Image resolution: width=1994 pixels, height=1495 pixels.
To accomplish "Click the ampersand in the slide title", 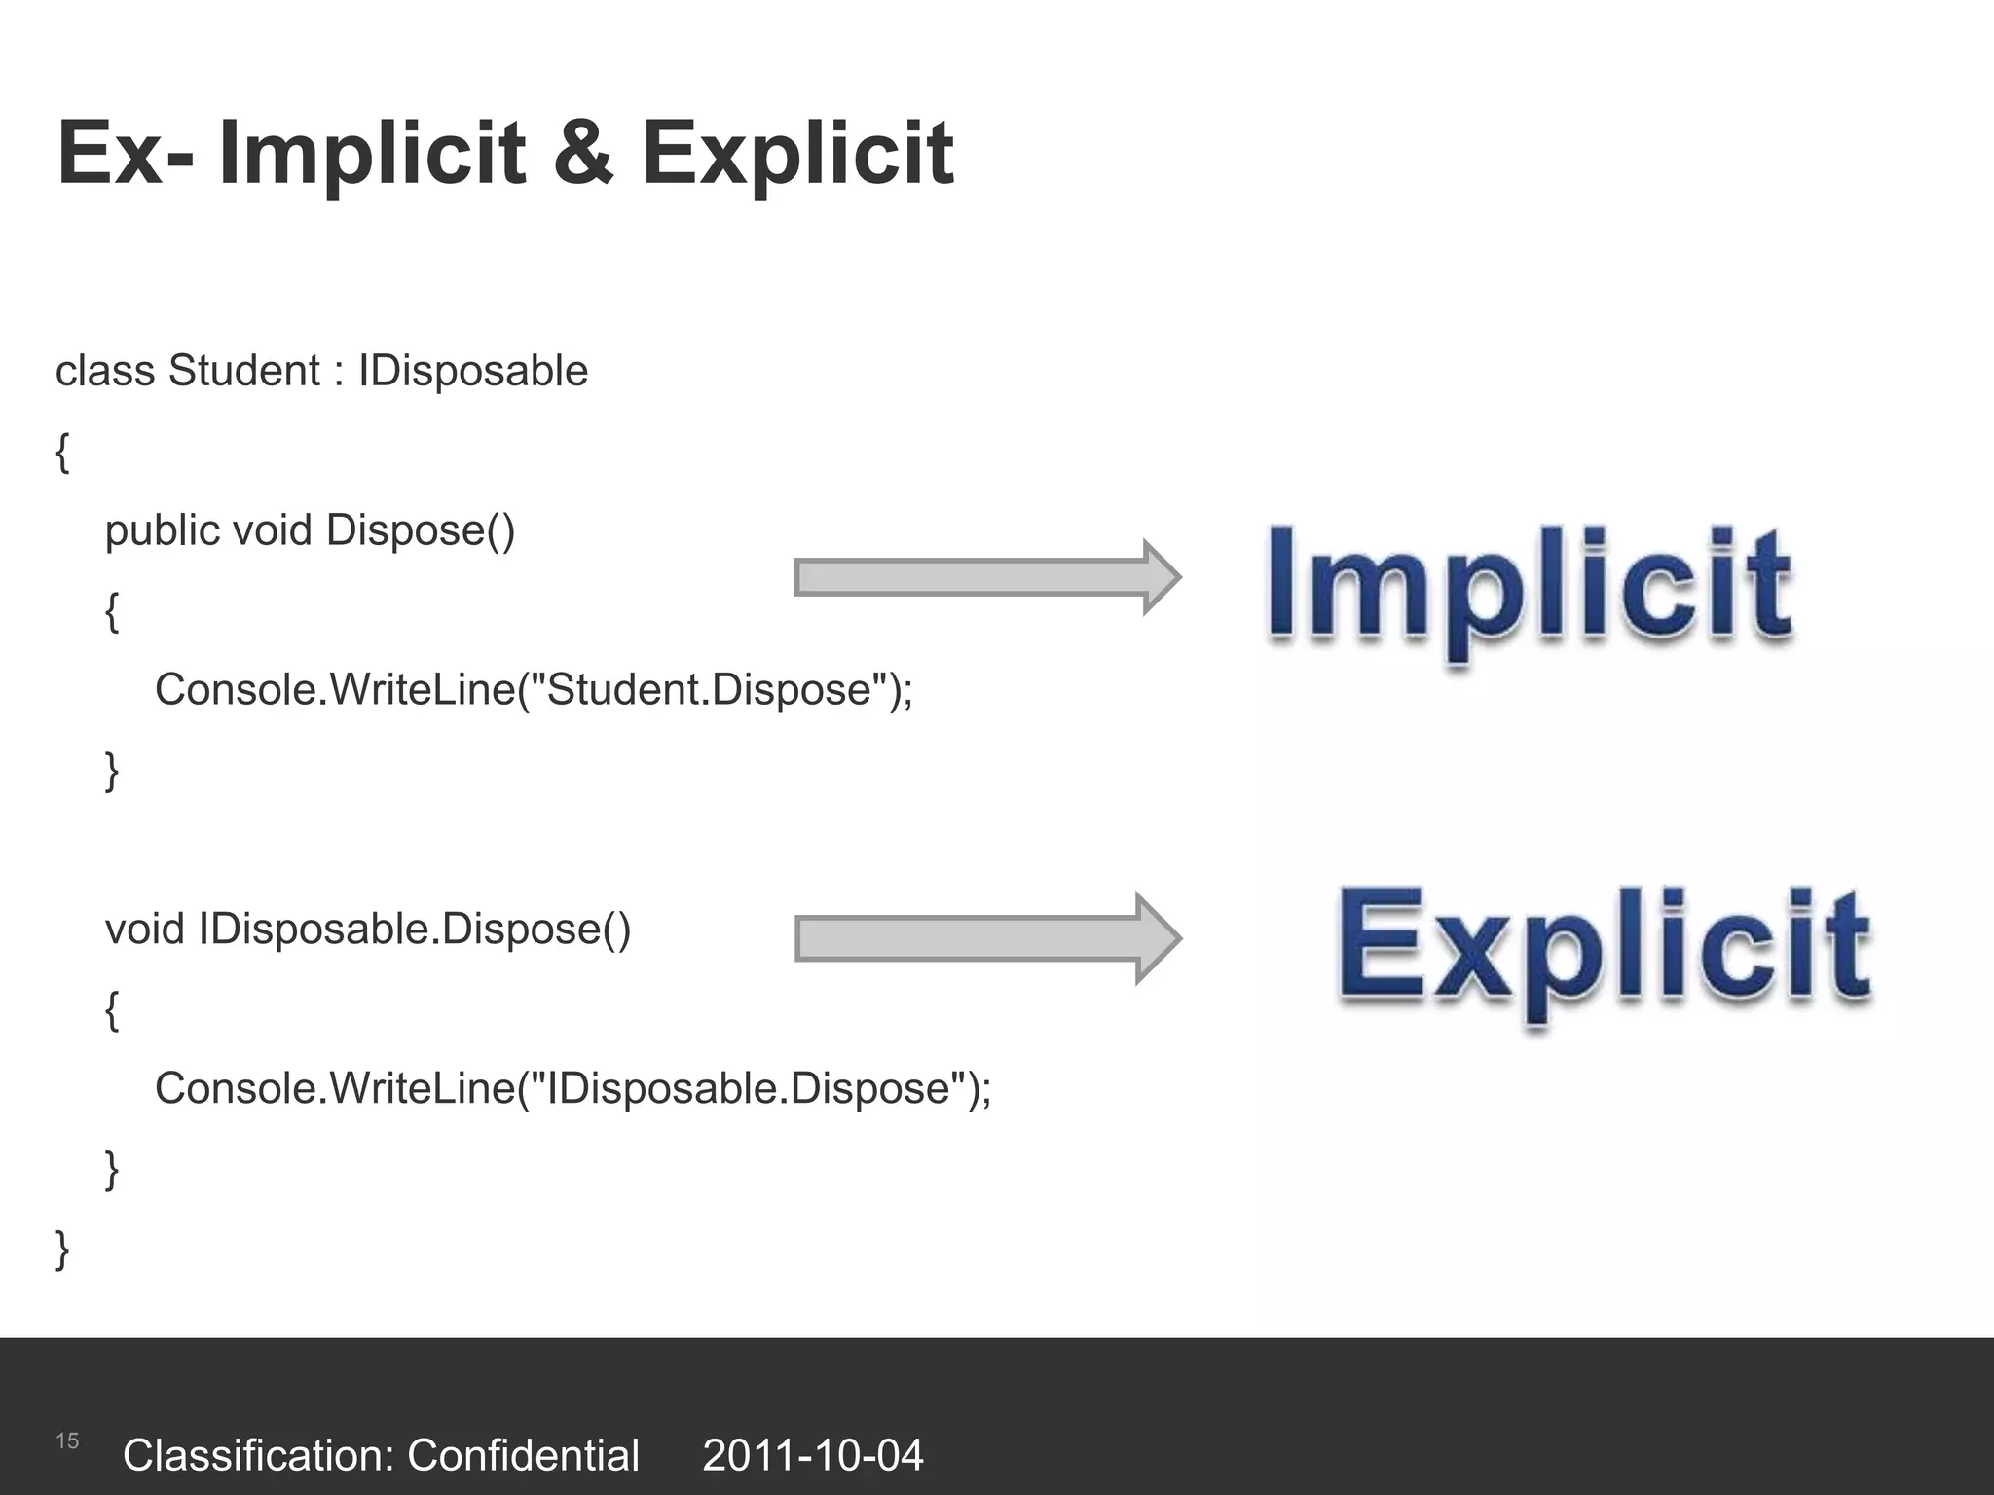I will pyautogui.click(x=583, y=153).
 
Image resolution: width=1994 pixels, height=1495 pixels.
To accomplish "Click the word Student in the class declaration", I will pyautogui.click(x=243, y=371).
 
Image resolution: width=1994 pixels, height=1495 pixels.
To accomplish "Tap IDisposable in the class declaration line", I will pyautogui.click(x=473, y=371).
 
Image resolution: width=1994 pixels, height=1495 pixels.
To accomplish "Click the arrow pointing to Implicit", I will pyautogui.click(x=987, y=577).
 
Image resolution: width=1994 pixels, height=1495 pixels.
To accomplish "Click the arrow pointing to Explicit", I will pyautogui.click(x=987, y=938).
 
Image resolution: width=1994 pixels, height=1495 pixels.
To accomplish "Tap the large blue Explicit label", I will pyautogui.click(x=1604, y=948).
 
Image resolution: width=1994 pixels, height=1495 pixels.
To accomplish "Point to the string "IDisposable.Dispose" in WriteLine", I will pyautogui.click(x=747, y=1088).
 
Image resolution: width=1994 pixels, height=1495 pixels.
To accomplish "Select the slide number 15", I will pyautogui.click(x=67, y=1440).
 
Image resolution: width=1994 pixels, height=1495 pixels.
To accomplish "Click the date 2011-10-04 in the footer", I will pyautogui.click(x=812, y=1455).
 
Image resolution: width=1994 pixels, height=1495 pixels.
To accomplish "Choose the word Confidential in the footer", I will pyautogui.click(x=523, y=1455).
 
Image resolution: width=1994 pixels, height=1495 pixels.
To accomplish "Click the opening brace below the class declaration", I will pyautogui.click(x=63, y=453).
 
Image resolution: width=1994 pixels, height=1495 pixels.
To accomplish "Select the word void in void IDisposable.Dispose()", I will pyautogui.click(x=144, y=930).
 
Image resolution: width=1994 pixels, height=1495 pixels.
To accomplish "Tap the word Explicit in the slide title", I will pyautogui.click(x=797, y=153).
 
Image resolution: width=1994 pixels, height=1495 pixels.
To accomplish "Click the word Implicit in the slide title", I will pyautogui.click(x=372, y=153).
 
